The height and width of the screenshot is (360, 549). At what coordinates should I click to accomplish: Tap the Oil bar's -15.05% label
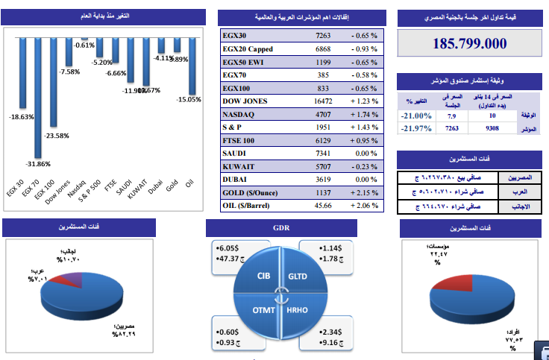(189, 99)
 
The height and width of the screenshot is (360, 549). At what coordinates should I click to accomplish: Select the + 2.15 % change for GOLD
(363, 192)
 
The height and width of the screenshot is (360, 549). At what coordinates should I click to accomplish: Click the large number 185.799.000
(470, 43)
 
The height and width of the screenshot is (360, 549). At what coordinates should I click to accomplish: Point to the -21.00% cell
(415, 116)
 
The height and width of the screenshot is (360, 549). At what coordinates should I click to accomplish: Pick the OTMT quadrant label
(263, 309)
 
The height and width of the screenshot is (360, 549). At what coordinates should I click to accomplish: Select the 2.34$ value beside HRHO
(330, 332)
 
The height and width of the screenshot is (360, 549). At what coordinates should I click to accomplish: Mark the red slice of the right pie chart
(448, 281)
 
